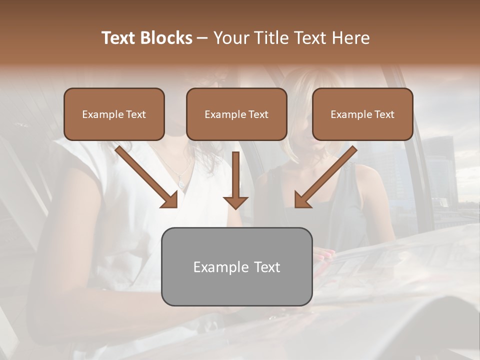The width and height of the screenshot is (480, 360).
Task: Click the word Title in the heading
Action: tap(268, 38)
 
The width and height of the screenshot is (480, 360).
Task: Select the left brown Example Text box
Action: tap(114, 114)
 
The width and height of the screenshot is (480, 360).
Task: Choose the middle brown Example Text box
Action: tap(236, 114)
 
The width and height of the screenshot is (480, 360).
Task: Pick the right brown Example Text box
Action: tap(362, 114)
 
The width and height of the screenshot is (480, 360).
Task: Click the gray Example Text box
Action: tap(236, 266)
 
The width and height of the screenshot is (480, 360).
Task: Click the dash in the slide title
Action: tap(202, 38)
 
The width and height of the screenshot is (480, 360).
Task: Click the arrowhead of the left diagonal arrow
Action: tap(170, 200)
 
